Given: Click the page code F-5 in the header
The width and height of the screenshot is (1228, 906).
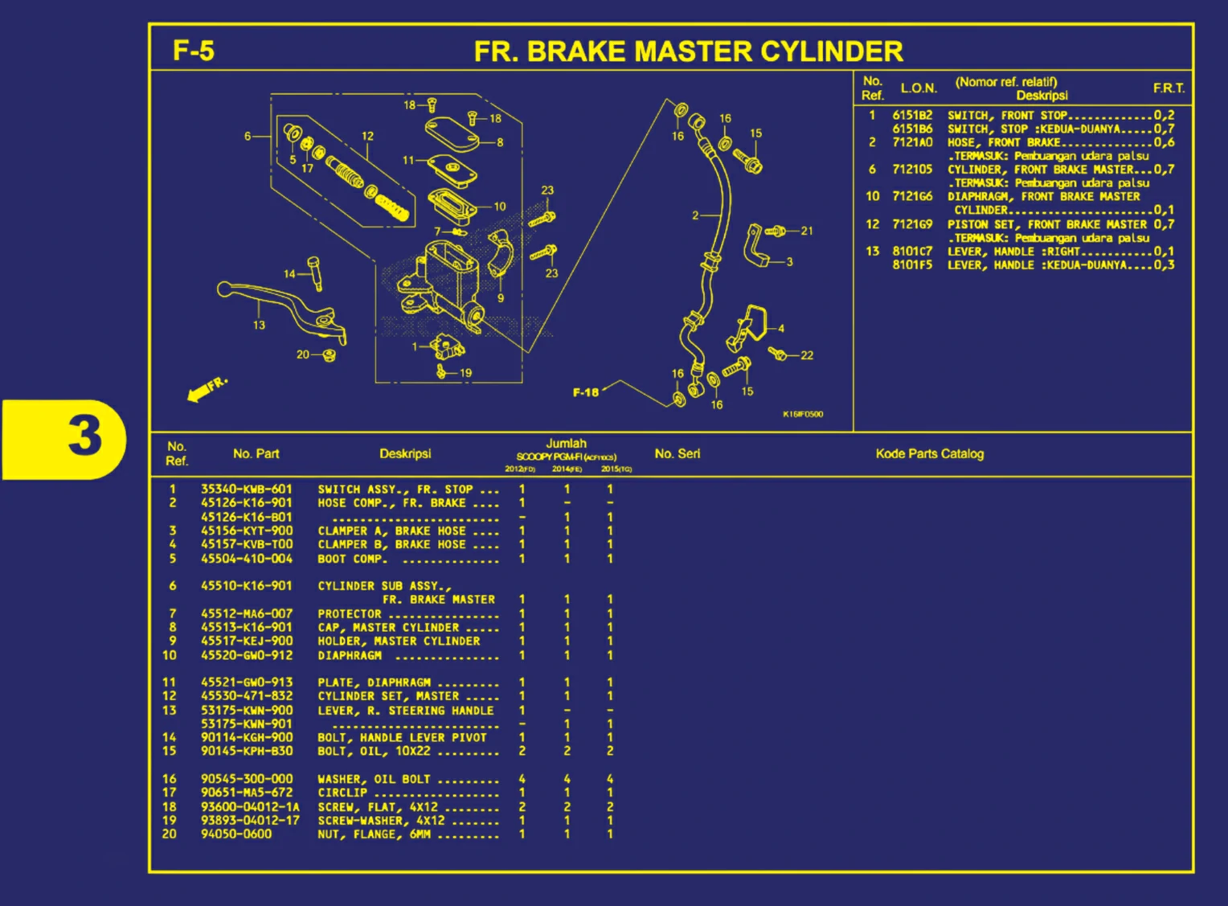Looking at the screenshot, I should [194, 51].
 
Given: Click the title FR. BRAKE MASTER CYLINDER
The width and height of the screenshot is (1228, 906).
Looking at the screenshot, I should [688, 52].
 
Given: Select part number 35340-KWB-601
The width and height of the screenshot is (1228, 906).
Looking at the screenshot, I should [246, 489].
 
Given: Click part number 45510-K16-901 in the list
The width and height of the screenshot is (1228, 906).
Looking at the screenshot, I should [246, 586].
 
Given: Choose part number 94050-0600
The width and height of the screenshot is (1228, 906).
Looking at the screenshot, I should [236, 834].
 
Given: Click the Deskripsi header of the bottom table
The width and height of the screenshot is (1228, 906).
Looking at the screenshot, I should [405, 453].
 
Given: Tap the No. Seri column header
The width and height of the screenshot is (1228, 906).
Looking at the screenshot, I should [677, 453].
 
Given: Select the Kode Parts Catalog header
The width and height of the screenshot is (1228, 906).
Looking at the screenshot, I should [929, 453].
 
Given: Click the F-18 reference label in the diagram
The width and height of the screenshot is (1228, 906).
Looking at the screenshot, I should [585, 392].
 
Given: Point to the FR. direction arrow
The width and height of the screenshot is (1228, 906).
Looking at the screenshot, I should [206, 388].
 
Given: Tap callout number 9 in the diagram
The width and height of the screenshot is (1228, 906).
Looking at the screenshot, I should [501, 298].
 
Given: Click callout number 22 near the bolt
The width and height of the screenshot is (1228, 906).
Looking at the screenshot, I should [807, 355].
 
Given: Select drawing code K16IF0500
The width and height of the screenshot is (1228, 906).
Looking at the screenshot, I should [802, 415].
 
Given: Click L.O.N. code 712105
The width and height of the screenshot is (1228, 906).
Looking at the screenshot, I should [912, 170].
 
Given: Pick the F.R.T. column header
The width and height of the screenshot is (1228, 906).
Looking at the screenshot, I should [1169, 88].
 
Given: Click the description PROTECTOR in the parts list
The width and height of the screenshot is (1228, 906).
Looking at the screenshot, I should [350, 614].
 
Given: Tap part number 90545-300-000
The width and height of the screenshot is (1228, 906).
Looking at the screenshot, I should [247, 779].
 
